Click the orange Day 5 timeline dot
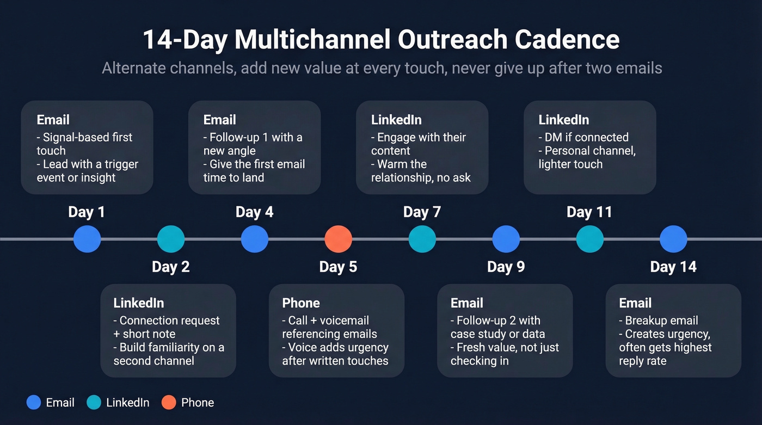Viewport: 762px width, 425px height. (339, 239)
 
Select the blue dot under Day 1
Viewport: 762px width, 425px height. (87, 239)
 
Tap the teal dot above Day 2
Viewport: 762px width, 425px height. (171, 239)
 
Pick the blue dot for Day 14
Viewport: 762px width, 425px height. (673, 239)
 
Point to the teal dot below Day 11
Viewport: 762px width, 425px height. (590, 239)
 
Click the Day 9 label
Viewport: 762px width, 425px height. (506, 267)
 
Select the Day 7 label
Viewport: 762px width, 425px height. (422, 212)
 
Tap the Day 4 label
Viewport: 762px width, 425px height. (254, 212)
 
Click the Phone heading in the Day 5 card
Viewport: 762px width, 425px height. (300, 303)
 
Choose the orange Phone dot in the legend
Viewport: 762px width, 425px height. (169, 403)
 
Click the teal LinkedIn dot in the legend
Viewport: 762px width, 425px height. (94, 403)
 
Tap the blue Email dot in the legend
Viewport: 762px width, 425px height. (34, 403)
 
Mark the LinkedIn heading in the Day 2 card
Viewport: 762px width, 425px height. (138, 303)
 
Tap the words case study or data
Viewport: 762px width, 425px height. (497, 334)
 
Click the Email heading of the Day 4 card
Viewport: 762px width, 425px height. (219, 120)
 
